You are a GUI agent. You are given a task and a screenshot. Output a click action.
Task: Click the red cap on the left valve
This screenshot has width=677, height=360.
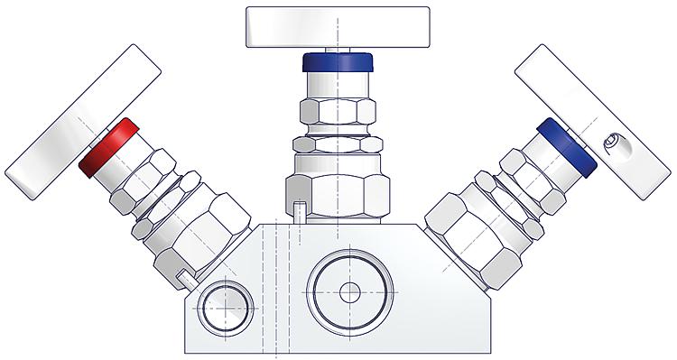click(107, 146)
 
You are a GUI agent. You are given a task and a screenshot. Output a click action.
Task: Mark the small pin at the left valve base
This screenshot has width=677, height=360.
click(184, 275)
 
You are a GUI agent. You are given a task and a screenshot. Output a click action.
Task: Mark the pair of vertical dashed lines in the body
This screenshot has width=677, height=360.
click(267, 289)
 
